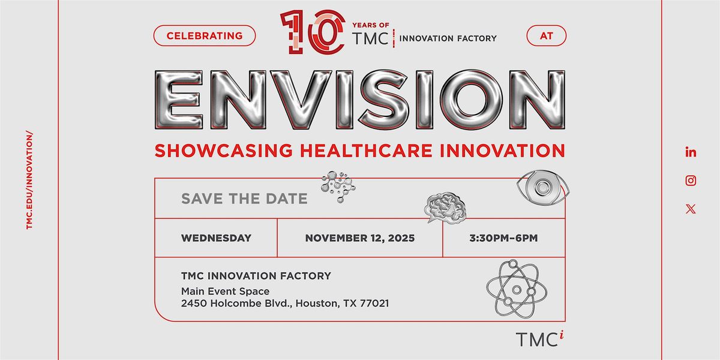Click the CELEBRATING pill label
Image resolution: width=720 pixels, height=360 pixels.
(205, 35)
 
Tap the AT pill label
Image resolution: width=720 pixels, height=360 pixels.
(547, 35)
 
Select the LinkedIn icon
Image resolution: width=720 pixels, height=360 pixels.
(691, 152)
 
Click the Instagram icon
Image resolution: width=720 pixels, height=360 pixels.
(691, 181)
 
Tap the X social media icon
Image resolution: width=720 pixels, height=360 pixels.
(691, 209)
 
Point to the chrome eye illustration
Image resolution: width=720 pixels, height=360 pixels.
(543, 187)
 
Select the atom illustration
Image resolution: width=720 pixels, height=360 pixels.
(516, 289)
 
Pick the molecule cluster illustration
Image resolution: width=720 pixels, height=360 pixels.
(338, 187)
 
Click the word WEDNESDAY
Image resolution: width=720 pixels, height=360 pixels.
(217, 238)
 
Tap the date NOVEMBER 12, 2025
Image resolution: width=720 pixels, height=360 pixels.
(360, 238)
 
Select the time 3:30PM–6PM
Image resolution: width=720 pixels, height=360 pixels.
(503, 238)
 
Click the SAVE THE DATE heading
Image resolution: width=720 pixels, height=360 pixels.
(244, 199)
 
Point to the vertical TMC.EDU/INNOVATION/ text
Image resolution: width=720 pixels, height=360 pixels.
(29, 180)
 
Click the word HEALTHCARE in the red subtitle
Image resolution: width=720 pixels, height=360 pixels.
(366, 151)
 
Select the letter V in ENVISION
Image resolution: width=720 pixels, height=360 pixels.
(301, 100)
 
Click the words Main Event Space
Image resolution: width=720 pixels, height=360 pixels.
(226, 292)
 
